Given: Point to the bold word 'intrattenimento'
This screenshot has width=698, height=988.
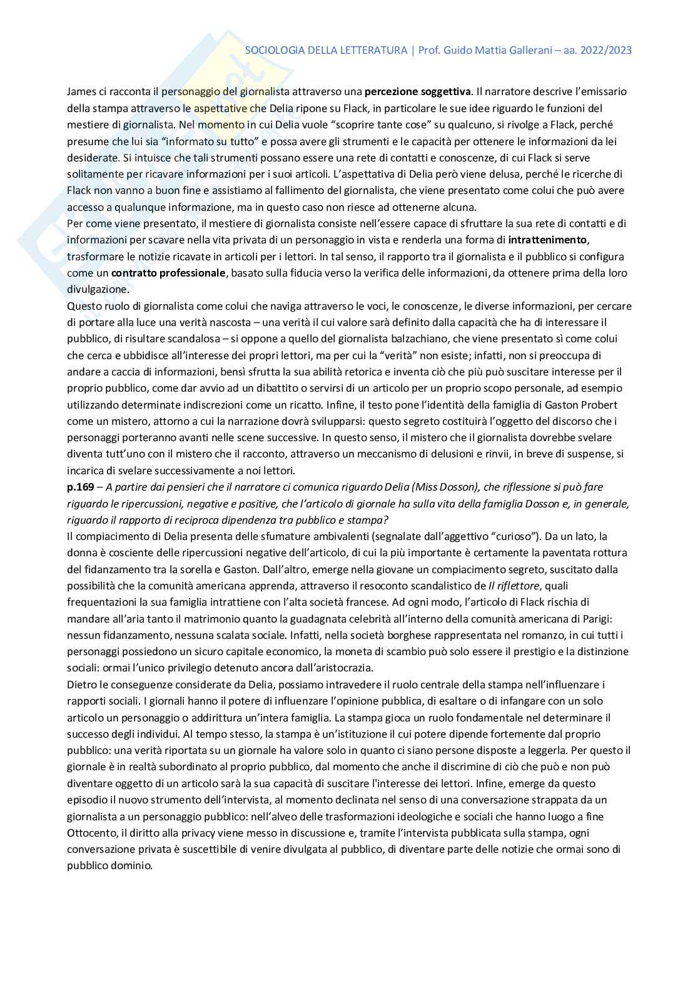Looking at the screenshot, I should click(547, 240).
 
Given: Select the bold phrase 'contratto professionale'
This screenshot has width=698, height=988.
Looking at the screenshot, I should click(168, 273).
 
